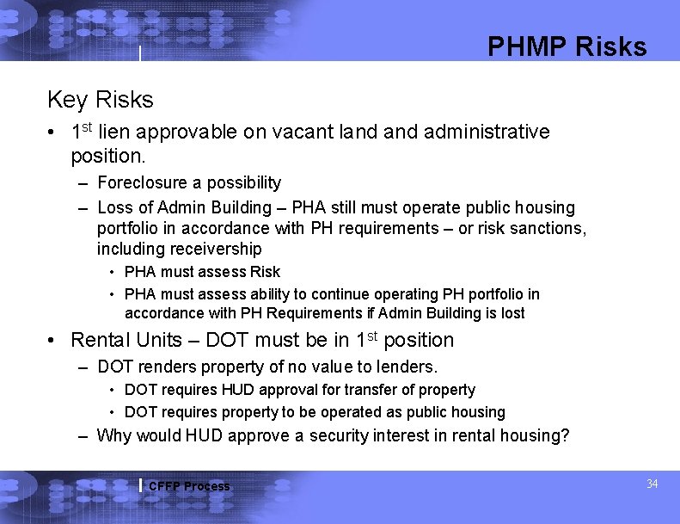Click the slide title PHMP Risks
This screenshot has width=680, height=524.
[x=567, y=46]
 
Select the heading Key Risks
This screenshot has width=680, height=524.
[x=100, y=100]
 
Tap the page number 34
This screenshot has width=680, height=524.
[x=652, y=484]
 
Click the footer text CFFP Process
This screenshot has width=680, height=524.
[x=189, y=486]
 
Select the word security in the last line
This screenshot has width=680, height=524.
[x=341, y=435]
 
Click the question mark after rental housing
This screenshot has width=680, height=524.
[x=565, y=435]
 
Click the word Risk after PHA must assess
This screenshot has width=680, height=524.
[x=264, y=272]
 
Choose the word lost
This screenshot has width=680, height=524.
[x=512, y=313]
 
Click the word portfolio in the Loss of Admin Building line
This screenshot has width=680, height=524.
[x=128, y=228]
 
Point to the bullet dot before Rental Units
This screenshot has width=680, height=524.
[x=53, y=341]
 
